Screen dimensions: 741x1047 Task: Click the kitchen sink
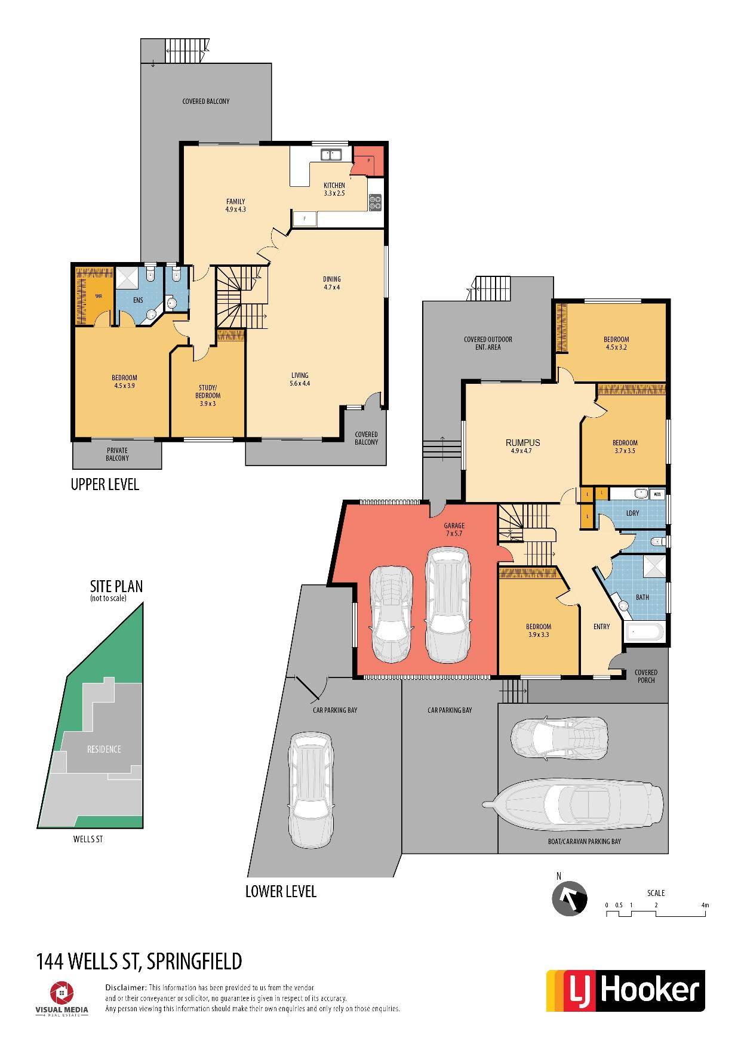point(330,155)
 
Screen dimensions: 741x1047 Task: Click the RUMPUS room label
point(522,442)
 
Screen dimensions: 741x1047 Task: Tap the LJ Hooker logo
point(626,990)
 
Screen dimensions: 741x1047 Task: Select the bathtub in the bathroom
point(644,632)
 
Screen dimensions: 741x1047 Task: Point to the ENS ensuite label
point(138,300)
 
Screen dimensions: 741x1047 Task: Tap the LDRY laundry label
point(632,513)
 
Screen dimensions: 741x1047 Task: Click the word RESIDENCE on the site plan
point(104,749)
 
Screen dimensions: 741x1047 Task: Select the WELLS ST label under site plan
point(88,839)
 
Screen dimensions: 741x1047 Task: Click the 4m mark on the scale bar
point(705,905)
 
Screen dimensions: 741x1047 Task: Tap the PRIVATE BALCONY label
point(117,454)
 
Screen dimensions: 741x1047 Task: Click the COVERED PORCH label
point(646,676)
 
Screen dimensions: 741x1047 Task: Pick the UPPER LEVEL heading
point(105,484)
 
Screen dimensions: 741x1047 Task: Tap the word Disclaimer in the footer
point(125,988)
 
